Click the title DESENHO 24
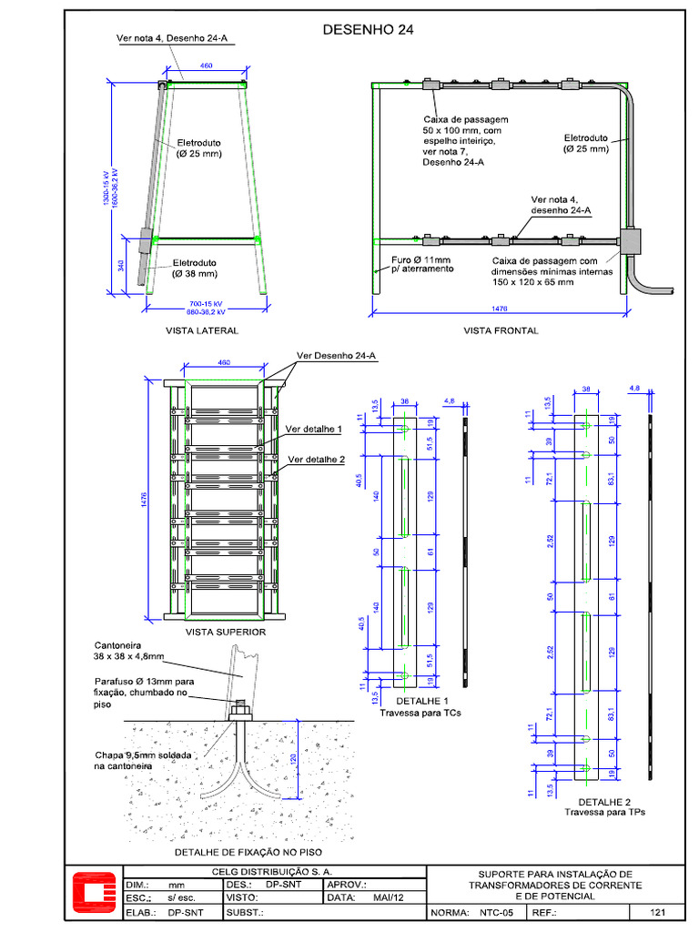coord(368,30)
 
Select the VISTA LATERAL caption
coord(202,330)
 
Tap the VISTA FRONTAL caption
coord(501,330)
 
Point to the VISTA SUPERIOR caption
coord(226,632)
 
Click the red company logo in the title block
coord(92,896)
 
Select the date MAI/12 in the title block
coord(389,897)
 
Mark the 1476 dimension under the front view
coord(499,309)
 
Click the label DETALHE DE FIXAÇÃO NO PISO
coord(248,853)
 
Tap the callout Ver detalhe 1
coord(314,428)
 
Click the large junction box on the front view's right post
coord(629,240)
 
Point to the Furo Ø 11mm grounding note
coord(420,265)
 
